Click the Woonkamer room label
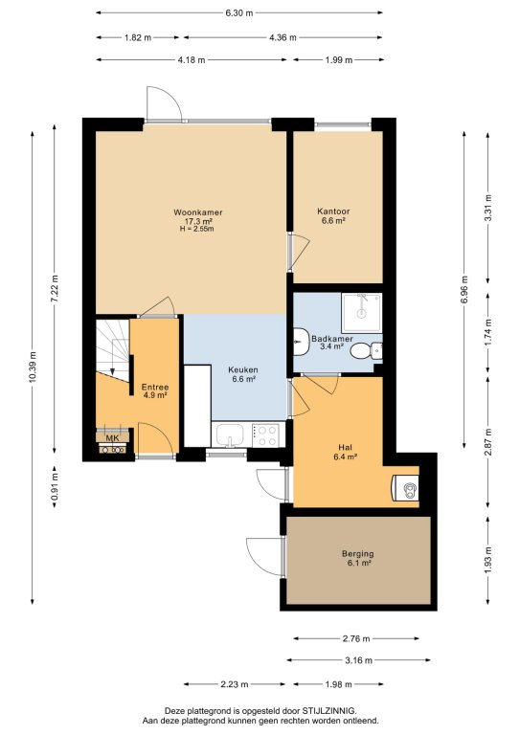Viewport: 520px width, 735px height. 198,212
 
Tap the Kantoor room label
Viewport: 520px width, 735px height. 333,212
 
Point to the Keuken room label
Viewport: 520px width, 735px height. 243,369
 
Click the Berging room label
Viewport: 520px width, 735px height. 358,553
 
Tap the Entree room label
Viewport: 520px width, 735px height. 155,388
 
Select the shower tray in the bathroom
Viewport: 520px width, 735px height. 362,313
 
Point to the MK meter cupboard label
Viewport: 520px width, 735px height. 112,438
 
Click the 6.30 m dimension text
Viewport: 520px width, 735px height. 239,13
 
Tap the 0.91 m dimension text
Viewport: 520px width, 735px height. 55,486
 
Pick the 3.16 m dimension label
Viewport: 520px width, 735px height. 359,660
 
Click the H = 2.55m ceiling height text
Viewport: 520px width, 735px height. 197,229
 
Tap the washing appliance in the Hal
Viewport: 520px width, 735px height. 406,488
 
